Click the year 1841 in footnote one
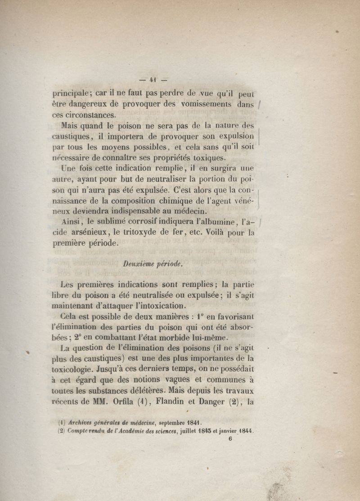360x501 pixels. click(x=190, y=423)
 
